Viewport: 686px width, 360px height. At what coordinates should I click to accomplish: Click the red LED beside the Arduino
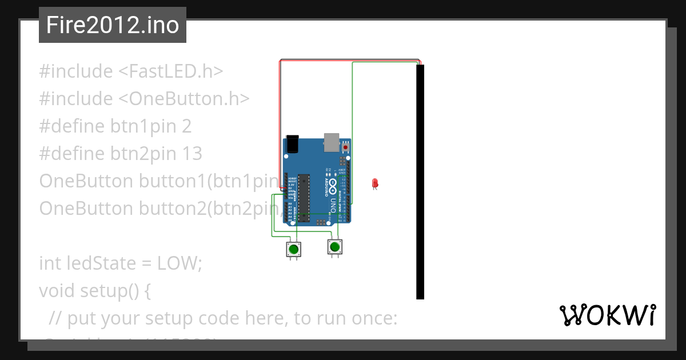click(x=375, y=183)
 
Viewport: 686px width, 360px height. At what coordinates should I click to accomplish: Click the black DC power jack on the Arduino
click(x=292, y=143)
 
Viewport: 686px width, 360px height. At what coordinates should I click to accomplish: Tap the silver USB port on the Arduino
click(x=332, y=142)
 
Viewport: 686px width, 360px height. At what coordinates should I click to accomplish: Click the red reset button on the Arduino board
click(x=345, y=147)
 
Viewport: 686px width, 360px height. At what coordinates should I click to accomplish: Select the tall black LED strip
click(x=420, y=182)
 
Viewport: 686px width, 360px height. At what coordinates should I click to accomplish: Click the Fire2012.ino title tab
click(x=113, y=25)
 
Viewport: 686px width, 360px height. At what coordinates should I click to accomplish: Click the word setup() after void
click(x=115, y=291)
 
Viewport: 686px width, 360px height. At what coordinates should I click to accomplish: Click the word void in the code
click(x=57, y=291)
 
